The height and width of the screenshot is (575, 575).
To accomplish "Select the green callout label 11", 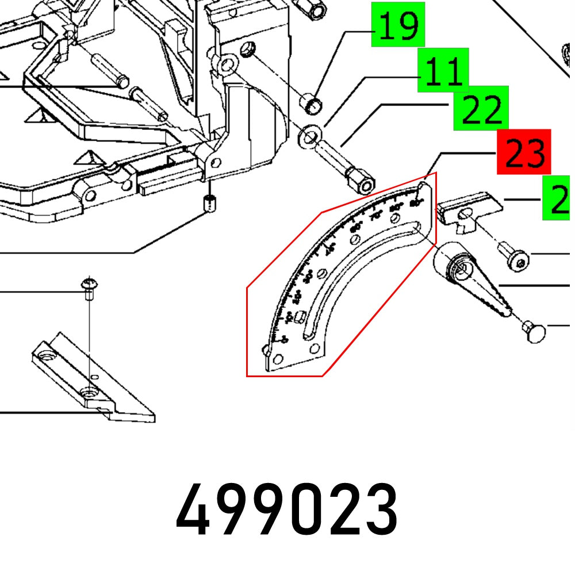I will click(x=443, y=70).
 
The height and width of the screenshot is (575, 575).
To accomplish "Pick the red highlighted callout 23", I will click(x=524, y=151).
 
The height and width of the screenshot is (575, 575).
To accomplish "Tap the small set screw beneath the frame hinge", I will click(x=211, y=203).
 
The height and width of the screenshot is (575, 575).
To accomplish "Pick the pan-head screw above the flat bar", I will click(x=89, y=286).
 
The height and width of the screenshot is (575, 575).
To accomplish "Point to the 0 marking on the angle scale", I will click(x=278, y=340).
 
